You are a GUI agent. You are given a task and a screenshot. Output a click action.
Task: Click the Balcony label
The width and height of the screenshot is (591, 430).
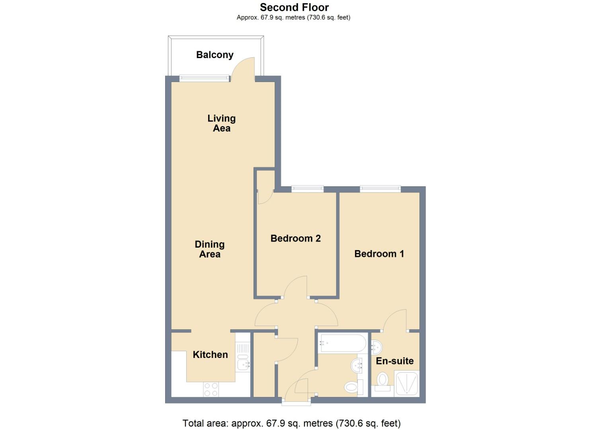point(215,55)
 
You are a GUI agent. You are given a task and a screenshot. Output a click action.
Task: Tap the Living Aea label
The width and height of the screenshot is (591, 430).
point(221,123)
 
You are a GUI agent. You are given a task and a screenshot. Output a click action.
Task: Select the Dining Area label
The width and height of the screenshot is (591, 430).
point(209,249)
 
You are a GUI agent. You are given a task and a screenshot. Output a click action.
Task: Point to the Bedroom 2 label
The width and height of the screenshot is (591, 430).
point(295,238)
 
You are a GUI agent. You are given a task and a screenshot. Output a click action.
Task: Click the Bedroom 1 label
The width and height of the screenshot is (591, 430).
point(379,254)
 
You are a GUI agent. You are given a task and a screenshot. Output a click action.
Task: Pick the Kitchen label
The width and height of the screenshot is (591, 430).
point(210,355)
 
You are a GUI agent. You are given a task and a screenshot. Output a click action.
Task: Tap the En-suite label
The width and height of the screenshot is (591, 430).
point(394,361)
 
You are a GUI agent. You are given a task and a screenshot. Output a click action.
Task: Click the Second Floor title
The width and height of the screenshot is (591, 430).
point(294,7)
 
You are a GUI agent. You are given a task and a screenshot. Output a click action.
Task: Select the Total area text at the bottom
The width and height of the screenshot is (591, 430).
point(291,423)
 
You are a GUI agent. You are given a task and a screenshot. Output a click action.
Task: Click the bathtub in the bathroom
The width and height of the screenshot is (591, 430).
point(342,343)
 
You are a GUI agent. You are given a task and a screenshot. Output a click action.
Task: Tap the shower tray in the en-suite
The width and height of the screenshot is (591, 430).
point(407,384)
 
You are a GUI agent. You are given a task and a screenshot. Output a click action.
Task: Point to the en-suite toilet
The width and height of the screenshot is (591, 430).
point(382,381)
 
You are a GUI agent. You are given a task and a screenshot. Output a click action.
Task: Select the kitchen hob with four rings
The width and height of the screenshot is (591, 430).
point(211,389)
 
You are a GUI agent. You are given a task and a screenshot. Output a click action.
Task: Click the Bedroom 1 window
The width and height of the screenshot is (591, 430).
point(380,189)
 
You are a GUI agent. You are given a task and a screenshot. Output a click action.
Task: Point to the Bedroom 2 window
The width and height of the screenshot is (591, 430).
point(307,189)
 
